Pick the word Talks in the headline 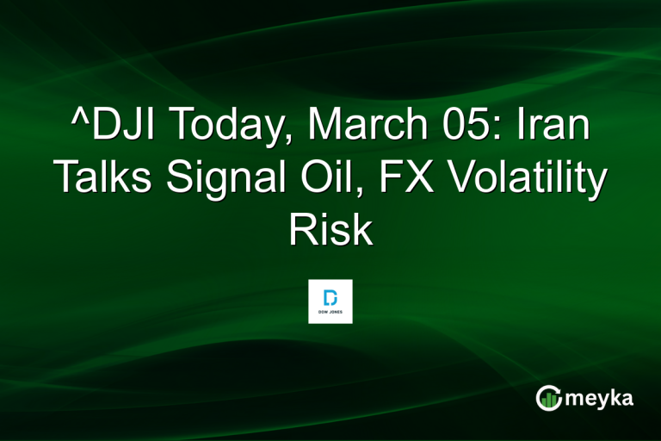click(x=105, y=179)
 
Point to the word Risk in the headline click(x=330, y=230)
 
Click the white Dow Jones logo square click(x=330, y=301)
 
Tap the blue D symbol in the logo click(x=330, y=295)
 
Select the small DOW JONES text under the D click(x=330, y=313)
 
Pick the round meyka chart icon click(x=548, y=397)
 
